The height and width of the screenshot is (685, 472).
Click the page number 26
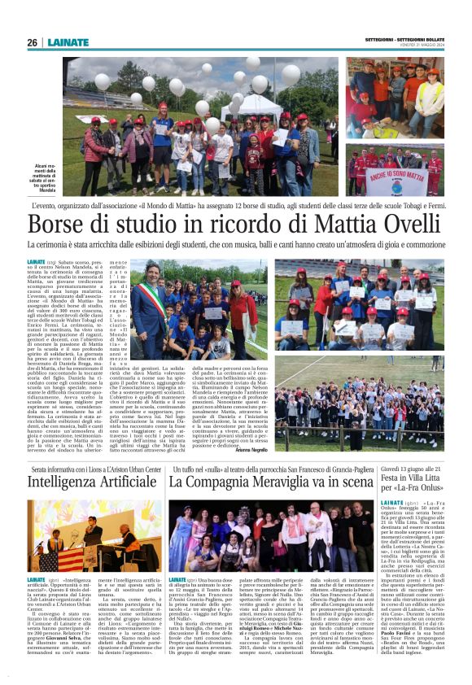[x=32, y=42]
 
